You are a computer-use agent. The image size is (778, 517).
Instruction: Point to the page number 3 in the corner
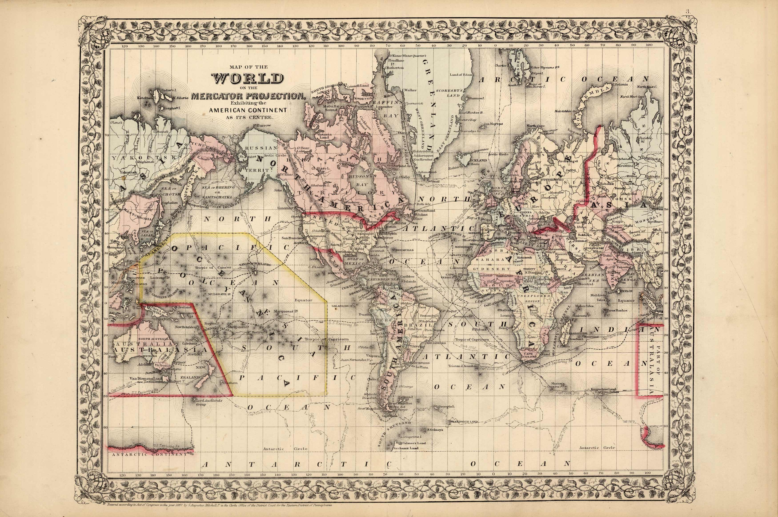pos(768,20)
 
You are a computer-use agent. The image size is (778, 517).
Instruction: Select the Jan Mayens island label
pos(493,124)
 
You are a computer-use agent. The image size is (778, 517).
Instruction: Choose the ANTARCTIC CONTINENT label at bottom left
pos(150,454)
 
